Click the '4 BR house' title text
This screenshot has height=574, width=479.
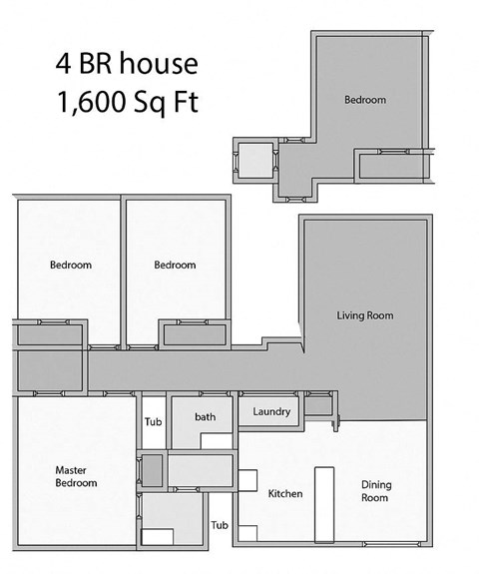click(x=126, y=65)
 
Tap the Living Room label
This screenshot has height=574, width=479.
click(x=364, y=315)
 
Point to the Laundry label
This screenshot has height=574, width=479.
click(x=270, y=411)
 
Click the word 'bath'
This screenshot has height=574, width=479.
click(x=205, y=416)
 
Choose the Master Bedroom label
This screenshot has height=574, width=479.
click(x=75, y=476)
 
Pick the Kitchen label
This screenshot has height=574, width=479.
click(x=285, y=494)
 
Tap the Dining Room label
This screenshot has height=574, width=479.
click(x=374, y=491)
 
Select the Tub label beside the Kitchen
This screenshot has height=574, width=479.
click(x=220, y=525)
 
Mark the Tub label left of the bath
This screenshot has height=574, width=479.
click(x=153, y=421)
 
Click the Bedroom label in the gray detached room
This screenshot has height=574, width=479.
click(x=365, y=100)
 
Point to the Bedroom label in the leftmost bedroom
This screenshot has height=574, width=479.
click(x=71, y=265)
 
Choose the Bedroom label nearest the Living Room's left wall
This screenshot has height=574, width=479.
click(x=175, y=265)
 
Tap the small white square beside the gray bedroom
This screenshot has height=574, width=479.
click(x=253, y=158)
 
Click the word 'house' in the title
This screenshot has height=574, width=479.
click(x=163, y=65)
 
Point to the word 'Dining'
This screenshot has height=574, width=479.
click(x=374, y=485)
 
